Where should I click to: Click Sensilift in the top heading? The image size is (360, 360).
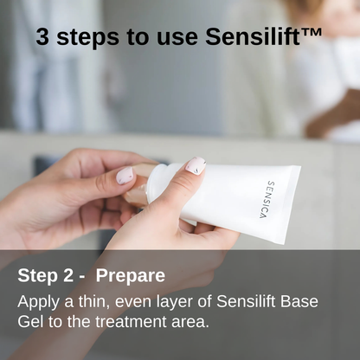(x=254, y=37)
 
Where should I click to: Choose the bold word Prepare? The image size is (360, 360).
(x=131, y=276)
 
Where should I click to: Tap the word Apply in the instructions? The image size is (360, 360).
(x=37, y=301)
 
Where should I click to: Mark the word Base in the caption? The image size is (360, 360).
(x=299, y=301)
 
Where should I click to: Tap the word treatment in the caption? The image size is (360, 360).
(x=125, y=322)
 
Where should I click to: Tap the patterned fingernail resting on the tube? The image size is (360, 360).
(x=196, y=165)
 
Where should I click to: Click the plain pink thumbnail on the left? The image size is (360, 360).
(x=126, y=175)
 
